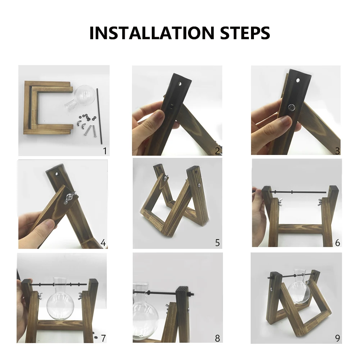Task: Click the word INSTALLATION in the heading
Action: [x=152, y=33]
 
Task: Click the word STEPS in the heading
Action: [x=245, y=33]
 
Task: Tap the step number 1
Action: [x=105, y=151]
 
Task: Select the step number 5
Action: [x=217, y=243]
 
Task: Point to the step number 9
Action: [x=337, y=338]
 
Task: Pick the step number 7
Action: [x=103, y=338]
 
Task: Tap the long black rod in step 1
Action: [x=99, y=116]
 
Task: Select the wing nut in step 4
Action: [x=69, y=197]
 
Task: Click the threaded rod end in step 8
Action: [x=191, y=294]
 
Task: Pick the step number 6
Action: [x=337, y=243]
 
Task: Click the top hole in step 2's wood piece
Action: [x=179, y=84]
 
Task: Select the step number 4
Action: [x=103, y=243]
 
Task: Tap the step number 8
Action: [x=217, y=338]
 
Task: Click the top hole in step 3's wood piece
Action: [x=298, y=80]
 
